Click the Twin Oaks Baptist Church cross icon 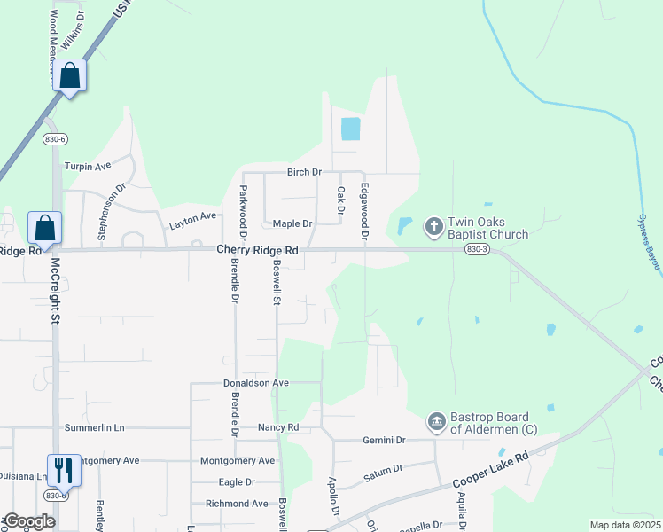click(x=434, y=226)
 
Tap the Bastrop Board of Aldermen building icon click(x=436, y=422)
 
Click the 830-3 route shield click(x=474, y=250)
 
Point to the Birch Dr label click(x=303, y=171)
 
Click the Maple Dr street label click(x=292, y=224)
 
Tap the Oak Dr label click(x=340, y=199)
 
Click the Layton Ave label click(x=193, y=216)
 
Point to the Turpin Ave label click(x=88, y=166)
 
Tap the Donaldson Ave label click(x=256, y=383)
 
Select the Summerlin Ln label click(x=100, y=427)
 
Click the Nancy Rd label click(x=278, y=427)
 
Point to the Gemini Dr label click(x=384, y=440)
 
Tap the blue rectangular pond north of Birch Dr click(x=351, y=129)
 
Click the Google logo click(x=29, y=521)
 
